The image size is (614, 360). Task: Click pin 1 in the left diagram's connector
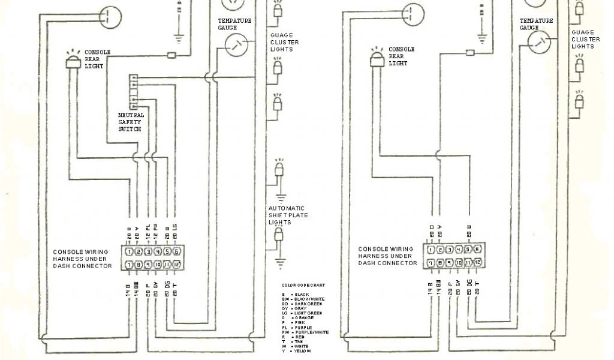point(129,252)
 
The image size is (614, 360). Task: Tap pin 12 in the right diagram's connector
point(477,262)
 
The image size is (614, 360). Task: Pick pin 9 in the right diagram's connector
point(449,262)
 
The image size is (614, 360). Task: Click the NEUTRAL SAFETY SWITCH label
point(131,121)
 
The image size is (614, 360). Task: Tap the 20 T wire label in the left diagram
point(175,290)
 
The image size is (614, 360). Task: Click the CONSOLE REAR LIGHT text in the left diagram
point(97,59)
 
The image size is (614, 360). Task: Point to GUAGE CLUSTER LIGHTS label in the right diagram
point(585,39)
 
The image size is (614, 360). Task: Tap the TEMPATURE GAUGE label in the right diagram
point(537,24)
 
